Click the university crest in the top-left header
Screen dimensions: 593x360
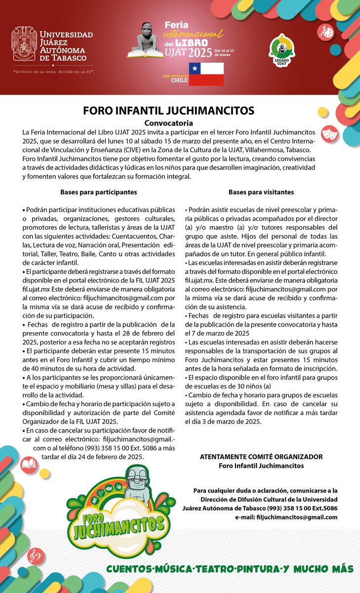pos(24,44)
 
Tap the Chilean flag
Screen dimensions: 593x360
pos(206,74)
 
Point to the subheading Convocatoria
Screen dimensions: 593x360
pos(168,123)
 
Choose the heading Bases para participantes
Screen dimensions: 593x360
pos(99,192)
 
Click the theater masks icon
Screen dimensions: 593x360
pos(326,133)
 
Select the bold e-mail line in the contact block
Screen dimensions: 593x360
pos(286,517)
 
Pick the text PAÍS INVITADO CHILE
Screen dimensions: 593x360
pos(176,78)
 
